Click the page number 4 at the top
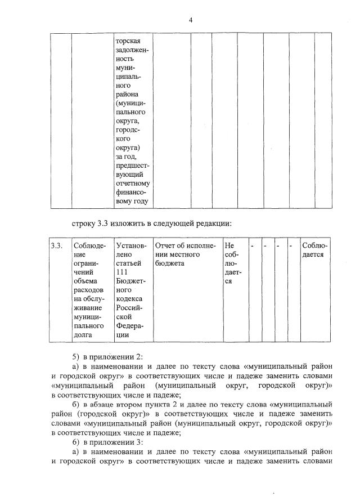coord(191,20)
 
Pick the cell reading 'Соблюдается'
coord(315,250)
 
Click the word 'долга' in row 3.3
coord(84,335)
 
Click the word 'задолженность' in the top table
coord(130,56)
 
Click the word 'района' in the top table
coord(127,94)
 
